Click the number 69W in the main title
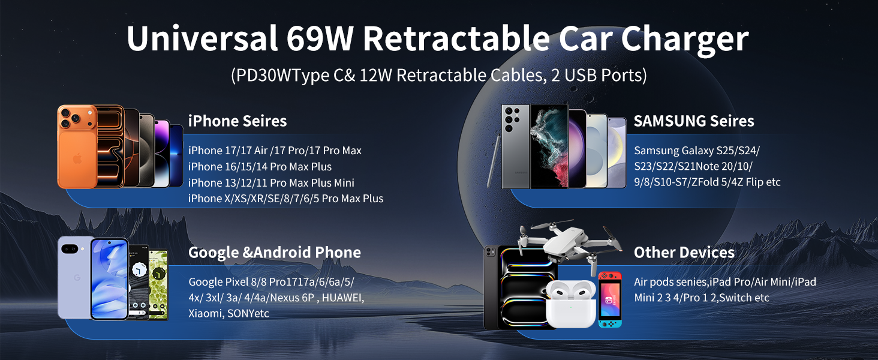pyautogui.click(x=320, y=38)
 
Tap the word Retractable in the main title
pyautogui.click(x=456, y=38)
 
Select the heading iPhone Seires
pyautogui.click(x=237, y=121)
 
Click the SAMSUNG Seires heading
pyautogui.click(x=694, y=121)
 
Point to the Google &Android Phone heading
pyautogui.click(x=275, y=252)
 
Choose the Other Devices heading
pyautogui.click(x=684, y=252)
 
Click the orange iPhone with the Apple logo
pyautogui.click(x=77, y=146)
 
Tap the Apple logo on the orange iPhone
pyautogui.click(x=77, y=159)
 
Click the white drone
pyautogui.click(x=570, y=244)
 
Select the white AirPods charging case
pyautogui.click(x=571, y=304)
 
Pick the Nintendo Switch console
pyautogui.click(x=610, y=299)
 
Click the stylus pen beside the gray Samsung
pyautogui.click(x=494, y=161)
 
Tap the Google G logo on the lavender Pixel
pyautogui.click(x=77, y=278)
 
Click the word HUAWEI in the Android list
pyautogui.click(x=343, y=298)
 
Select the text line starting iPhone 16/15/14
pyautogui.click(x=260, y=166)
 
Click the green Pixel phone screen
pyautogui.click(x=158, y=285)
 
